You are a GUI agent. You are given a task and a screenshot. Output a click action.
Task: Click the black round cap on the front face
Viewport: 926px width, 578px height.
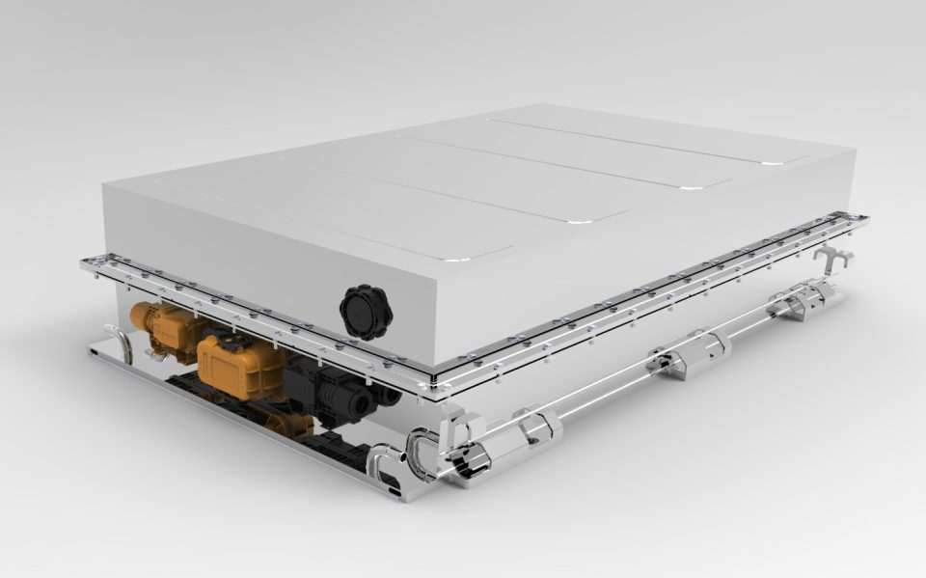click(x=365, y=311)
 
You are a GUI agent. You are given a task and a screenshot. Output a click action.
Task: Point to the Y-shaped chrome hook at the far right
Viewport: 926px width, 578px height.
click(x=833, y=259)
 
